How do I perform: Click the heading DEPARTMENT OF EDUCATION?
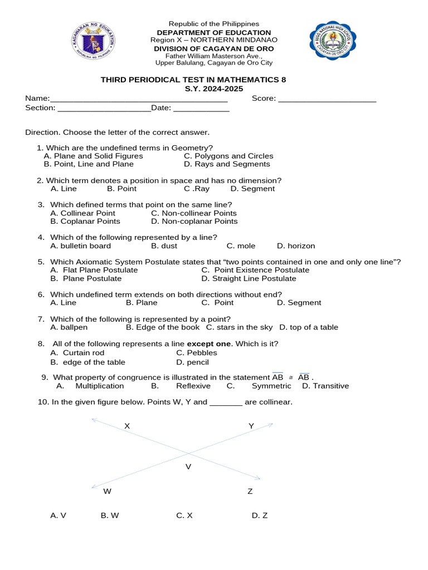(x=214, y=32)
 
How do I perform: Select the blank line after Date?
(x=201, y=109)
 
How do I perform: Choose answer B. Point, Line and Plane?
(x=89, y=164)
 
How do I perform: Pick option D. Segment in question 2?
(x=252, y=189)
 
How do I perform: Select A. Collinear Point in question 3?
(x=82, y=213)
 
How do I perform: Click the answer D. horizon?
(x=296, y=246)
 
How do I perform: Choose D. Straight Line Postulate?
(x=249, y=278)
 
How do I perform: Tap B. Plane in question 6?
(x=142, y=303)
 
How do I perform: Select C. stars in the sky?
(x=240, y=327)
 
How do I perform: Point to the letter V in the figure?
(x=188, y=466)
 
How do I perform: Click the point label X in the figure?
(x=127, y=426)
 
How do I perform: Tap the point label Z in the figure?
(x=250, y=492)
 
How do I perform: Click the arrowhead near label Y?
(x=270, y=425)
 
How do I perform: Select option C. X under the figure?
(x=184, y=515)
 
